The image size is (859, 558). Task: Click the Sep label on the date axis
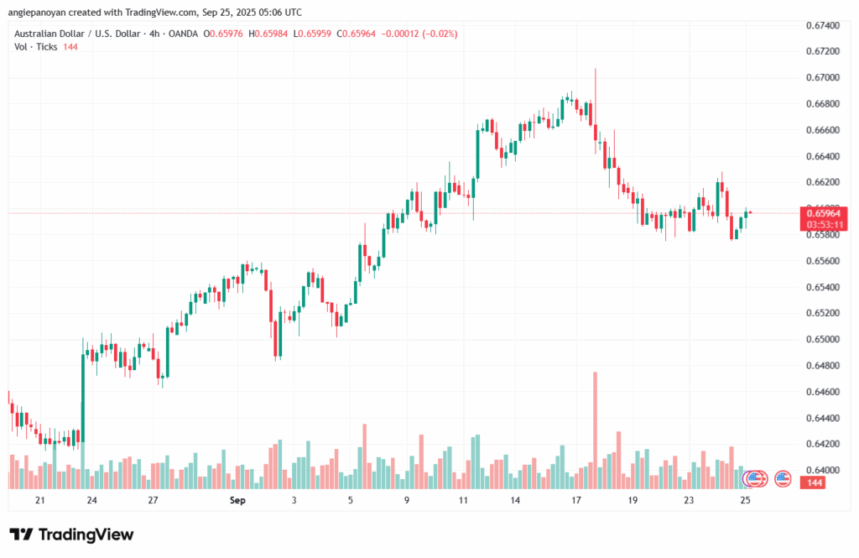pyautogui.click(x=238, y=500)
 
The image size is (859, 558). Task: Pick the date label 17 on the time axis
pyautogui.click(x=576, y=500)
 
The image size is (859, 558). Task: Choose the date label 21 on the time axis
pyautogui.click(x=39, y=500)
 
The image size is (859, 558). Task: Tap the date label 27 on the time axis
pyautogui.click(x=154, y=500)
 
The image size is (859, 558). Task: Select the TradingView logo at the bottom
pyautogui.click(x=72, y=535)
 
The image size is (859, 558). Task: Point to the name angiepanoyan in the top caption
pyautogui.click(x=40, y=12)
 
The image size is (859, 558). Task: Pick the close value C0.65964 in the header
pyautogui.click(x=356, y=34)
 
